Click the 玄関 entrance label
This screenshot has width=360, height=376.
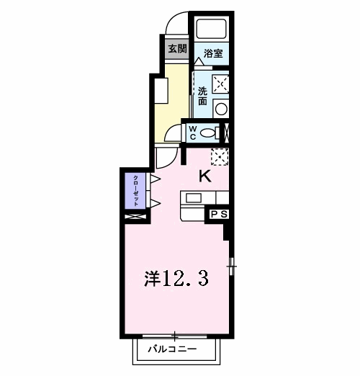pyautogui.click(x=177, y=49)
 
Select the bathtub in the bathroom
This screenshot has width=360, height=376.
pyautogui.click(x=212, y=28)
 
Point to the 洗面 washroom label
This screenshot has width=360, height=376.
pyautogui.click(x=203, y=96)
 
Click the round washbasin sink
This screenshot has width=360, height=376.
pyautogui.click(x=222, y=109)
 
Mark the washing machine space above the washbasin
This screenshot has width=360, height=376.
pyautogui.click(x=222, y=84)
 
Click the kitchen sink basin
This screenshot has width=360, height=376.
pyautogui.click(x=194, y=197)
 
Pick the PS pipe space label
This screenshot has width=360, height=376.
pyautogui.click(x=219, y=214)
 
